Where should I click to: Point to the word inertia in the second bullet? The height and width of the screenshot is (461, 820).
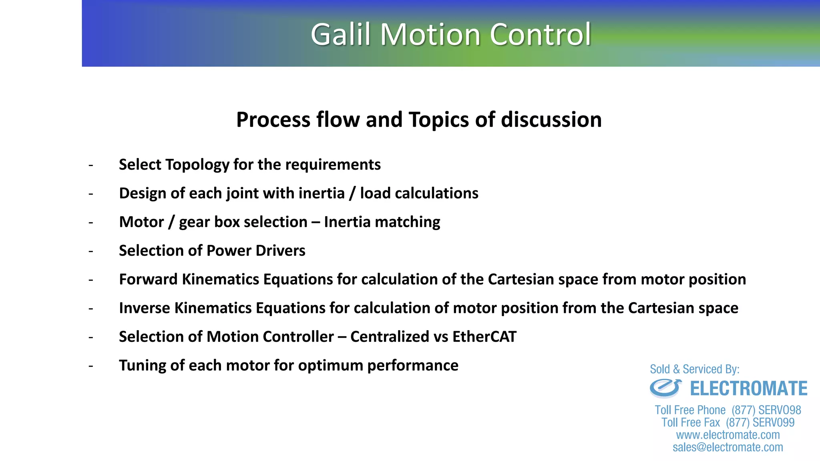click(x=321, y=193)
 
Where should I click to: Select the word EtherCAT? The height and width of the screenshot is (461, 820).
click(x=484, y=337)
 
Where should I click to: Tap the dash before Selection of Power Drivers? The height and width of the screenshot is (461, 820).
click(x=91, y=251)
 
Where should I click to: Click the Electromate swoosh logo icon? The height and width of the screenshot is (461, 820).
click(x=665, y=388)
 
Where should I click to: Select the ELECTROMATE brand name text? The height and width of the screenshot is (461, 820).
click(x=748, y=389)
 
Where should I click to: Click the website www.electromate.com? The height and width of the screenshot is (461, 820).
click(x=728, y=435)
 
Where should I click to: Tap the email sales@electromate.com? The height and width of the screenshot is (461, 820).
click(x=728, y=447)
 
